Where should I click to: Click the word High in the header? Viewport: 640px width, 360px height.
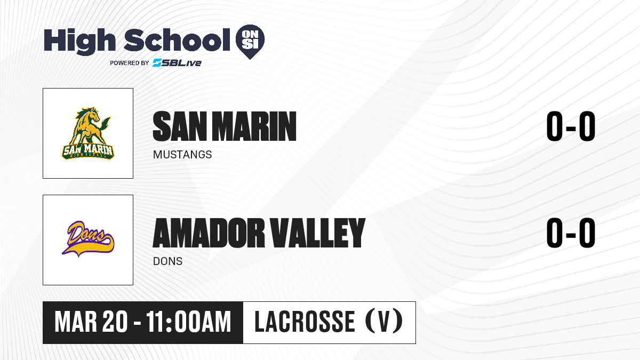(79, 41)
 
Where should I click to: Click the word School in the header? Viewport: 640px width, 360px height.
(177, 39)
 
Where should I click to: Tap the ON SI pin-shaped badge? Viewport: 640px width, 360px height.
(250, 42)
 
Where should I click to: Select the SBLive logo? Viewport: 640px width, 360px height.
(177, 63)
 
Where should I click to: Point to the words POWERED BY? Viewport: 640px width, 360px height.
(130, 63)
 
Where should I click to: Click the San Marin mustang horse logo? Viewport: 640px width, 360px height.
(87, 133)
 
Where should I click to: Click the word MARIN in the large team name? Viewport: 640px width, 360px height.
(254, 126)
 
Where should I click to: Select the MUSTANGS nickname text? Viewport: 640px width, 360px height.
(182, 155)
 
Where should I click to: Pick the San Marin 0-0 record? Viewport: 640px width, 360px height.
(571, 126)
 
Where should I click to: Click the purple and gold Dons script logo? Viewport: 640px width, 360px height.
(88, 239)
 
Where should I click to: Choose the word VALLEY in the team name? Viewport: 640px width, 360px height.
(318, 233)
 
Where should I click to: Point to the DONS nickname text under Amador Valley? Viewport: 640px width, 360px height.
(167, 261)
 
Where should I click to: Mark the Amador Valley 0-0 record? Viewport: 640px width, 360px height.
(571, 233)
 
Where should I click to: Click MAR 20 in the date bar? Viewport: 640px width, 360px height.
(91, 322)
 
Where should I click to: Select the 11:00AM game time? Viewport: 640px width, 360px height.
(189, 322)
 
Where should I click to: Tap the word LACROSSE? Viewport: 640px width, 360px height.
(305, 322)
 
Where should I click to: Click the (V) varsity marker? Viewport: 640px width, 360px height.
(384, 322)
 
